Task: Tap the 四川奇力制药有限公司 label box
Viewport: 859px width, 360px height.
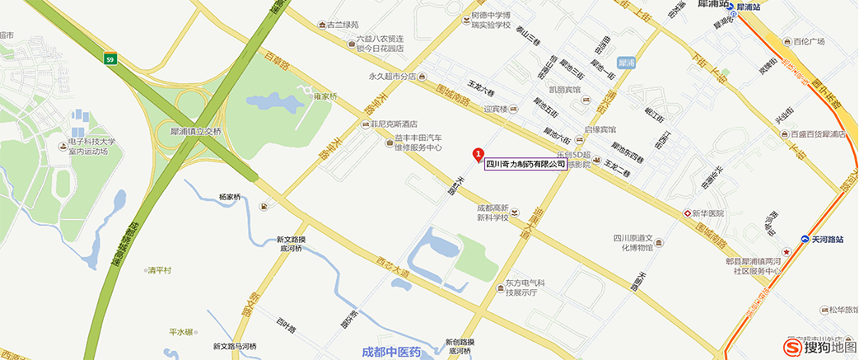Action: (525, 164)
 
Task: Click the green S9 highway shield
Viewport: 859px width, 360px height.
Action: (110, 58)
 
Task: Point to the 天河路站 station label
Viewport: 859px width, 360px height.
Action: (828, 240)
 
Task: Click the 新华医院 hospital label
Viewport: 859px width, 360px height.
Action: (707, 213)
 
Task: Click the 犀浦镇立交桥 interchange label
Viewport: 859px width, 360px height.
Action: (191, 131)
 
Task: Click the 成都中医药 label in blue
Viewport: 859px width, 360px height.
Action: (391, 353)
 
